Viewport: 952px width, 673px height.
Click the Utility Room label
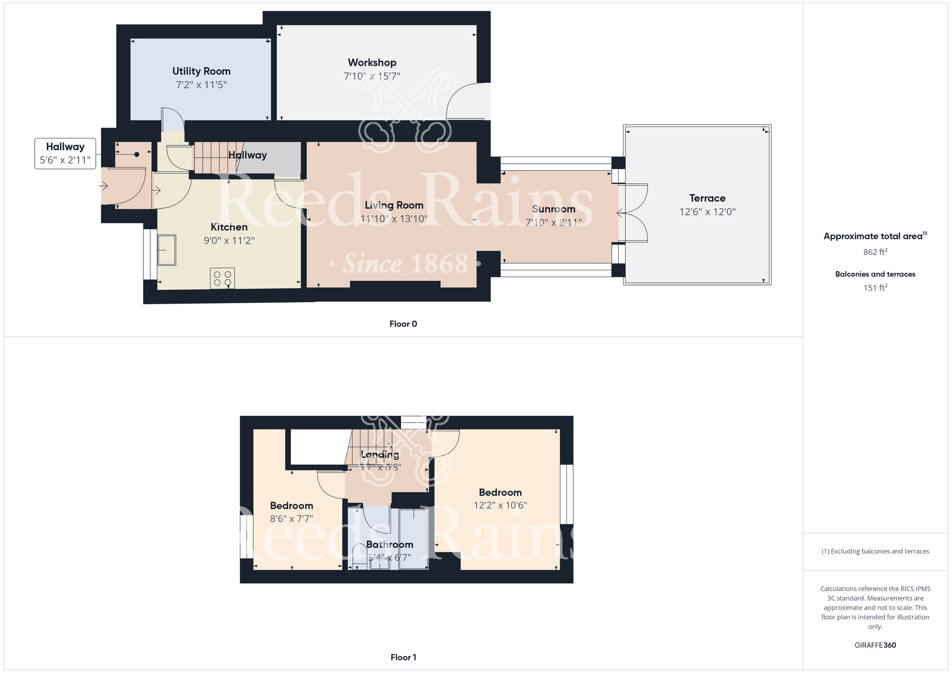pyautogui.click(x=201, y=71)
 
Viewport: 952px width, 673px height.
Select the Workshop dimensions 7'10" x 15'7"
pyautogui.click(x=372, y=76)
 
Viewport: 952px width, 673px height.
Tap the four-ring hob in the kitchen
pyautogui.click(x=222, y=278)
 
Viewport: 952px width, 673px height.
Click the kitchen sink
pyautogui.click(x=167, y=249)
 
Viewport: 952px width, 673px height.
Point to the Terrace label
pyautogui.click(x=707, y=198)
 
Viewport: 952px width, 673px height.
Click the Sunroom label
pyautogui.click(x=553, y=209)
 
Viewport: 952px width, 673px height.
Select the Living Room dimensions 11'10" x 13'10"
pyautogui.click(x=394, y=219)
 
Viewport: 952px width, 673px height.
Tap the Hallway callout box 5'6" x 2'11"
pyautogui.click(x=65, y=153)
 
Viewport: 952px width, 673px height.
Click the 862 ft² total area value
pyautogui.click(x=875, y=252)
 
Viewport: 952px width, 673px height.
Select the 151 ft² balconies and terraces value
pyautogui.click(x=875, y=287)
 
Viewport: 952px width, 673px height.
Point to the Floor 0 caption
pyautogui.click(x=403, y=324)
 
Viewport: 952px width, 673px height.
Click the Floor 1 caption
pyautogui.click(x=403, y=657)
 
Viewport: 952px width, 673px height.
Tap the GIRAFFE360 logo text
pyautogui.click(x=875, y=645)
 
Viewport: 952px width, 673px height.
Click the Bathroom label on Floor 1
pyautogui.click(x=389, y=544)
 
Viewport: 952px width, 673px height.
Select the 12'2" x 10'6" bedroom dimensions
pyautogui.click(x=500, y=505)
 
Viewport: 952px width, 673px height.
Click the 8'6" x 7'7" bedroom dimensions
pyautogui.click(x=291, y=519)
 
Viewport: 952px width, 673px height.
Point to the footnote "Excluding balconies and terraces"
pyautogui.click(x=875, y=551)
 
